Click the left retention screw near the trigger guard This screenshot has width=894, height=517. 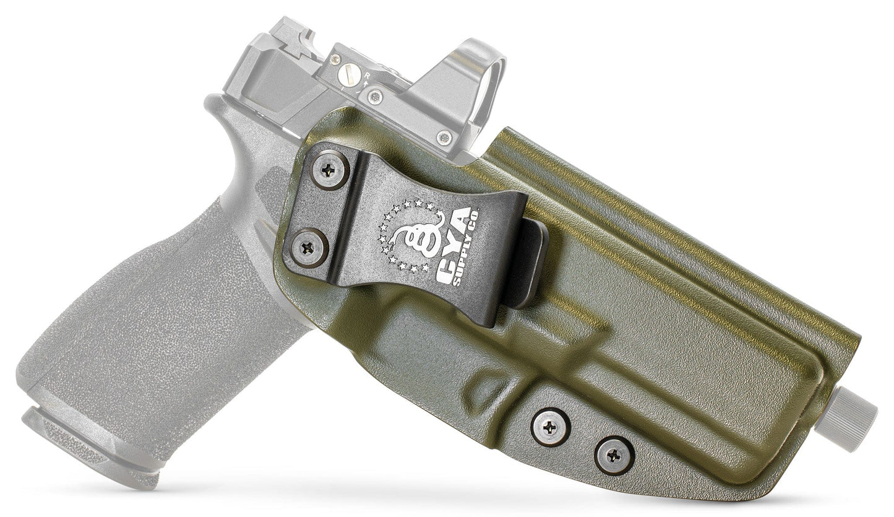point(550,427)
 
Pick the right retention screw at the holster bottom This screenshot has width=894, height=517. point(614,456)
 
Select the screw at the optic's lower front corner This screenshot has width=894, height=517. point(444,137)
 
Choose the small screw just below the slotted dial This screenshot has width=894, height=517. point(374,97)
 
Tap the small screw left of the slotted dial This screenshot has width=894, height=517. point(335,59)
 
